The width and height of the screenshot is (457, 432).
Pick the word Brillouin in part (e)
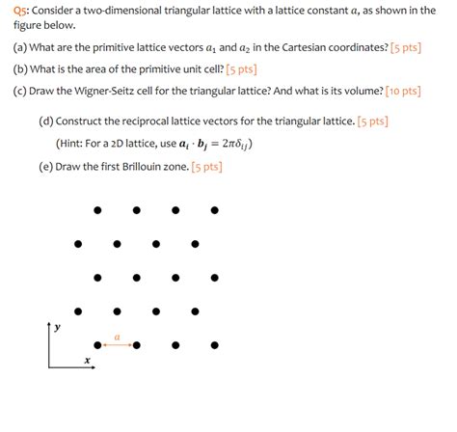click(x=147, y=166)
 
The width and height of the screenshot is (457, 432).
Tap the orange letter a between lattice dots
click(x=117, y=337)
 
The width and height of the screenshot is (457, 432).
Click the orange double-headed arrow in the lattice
click(x=117, y=344)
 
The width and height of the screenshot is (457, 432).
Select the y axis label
click(x=57, y=328)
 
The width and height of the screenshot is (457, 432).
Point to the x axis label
click(x=87, y=362)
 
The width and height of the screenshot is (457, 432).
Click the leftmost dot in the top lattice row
click(x=97, y=210)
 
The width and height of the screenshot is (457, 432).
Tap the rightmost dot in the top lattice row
click(x=214, y=210)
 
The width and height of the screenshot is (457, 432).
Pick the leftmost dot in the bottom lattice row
click(x=97, y=344)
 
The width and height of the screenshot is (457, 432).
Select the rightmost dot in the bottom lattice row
click(x=214, y=344)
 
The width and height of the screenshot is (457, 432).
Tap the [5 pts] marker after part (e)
click(x=206, y=166)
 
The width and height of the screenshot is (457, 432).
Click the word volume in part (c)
click(x=367, y=92)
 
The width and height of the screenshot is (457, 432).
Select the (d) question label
click(x=46, y=121)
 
